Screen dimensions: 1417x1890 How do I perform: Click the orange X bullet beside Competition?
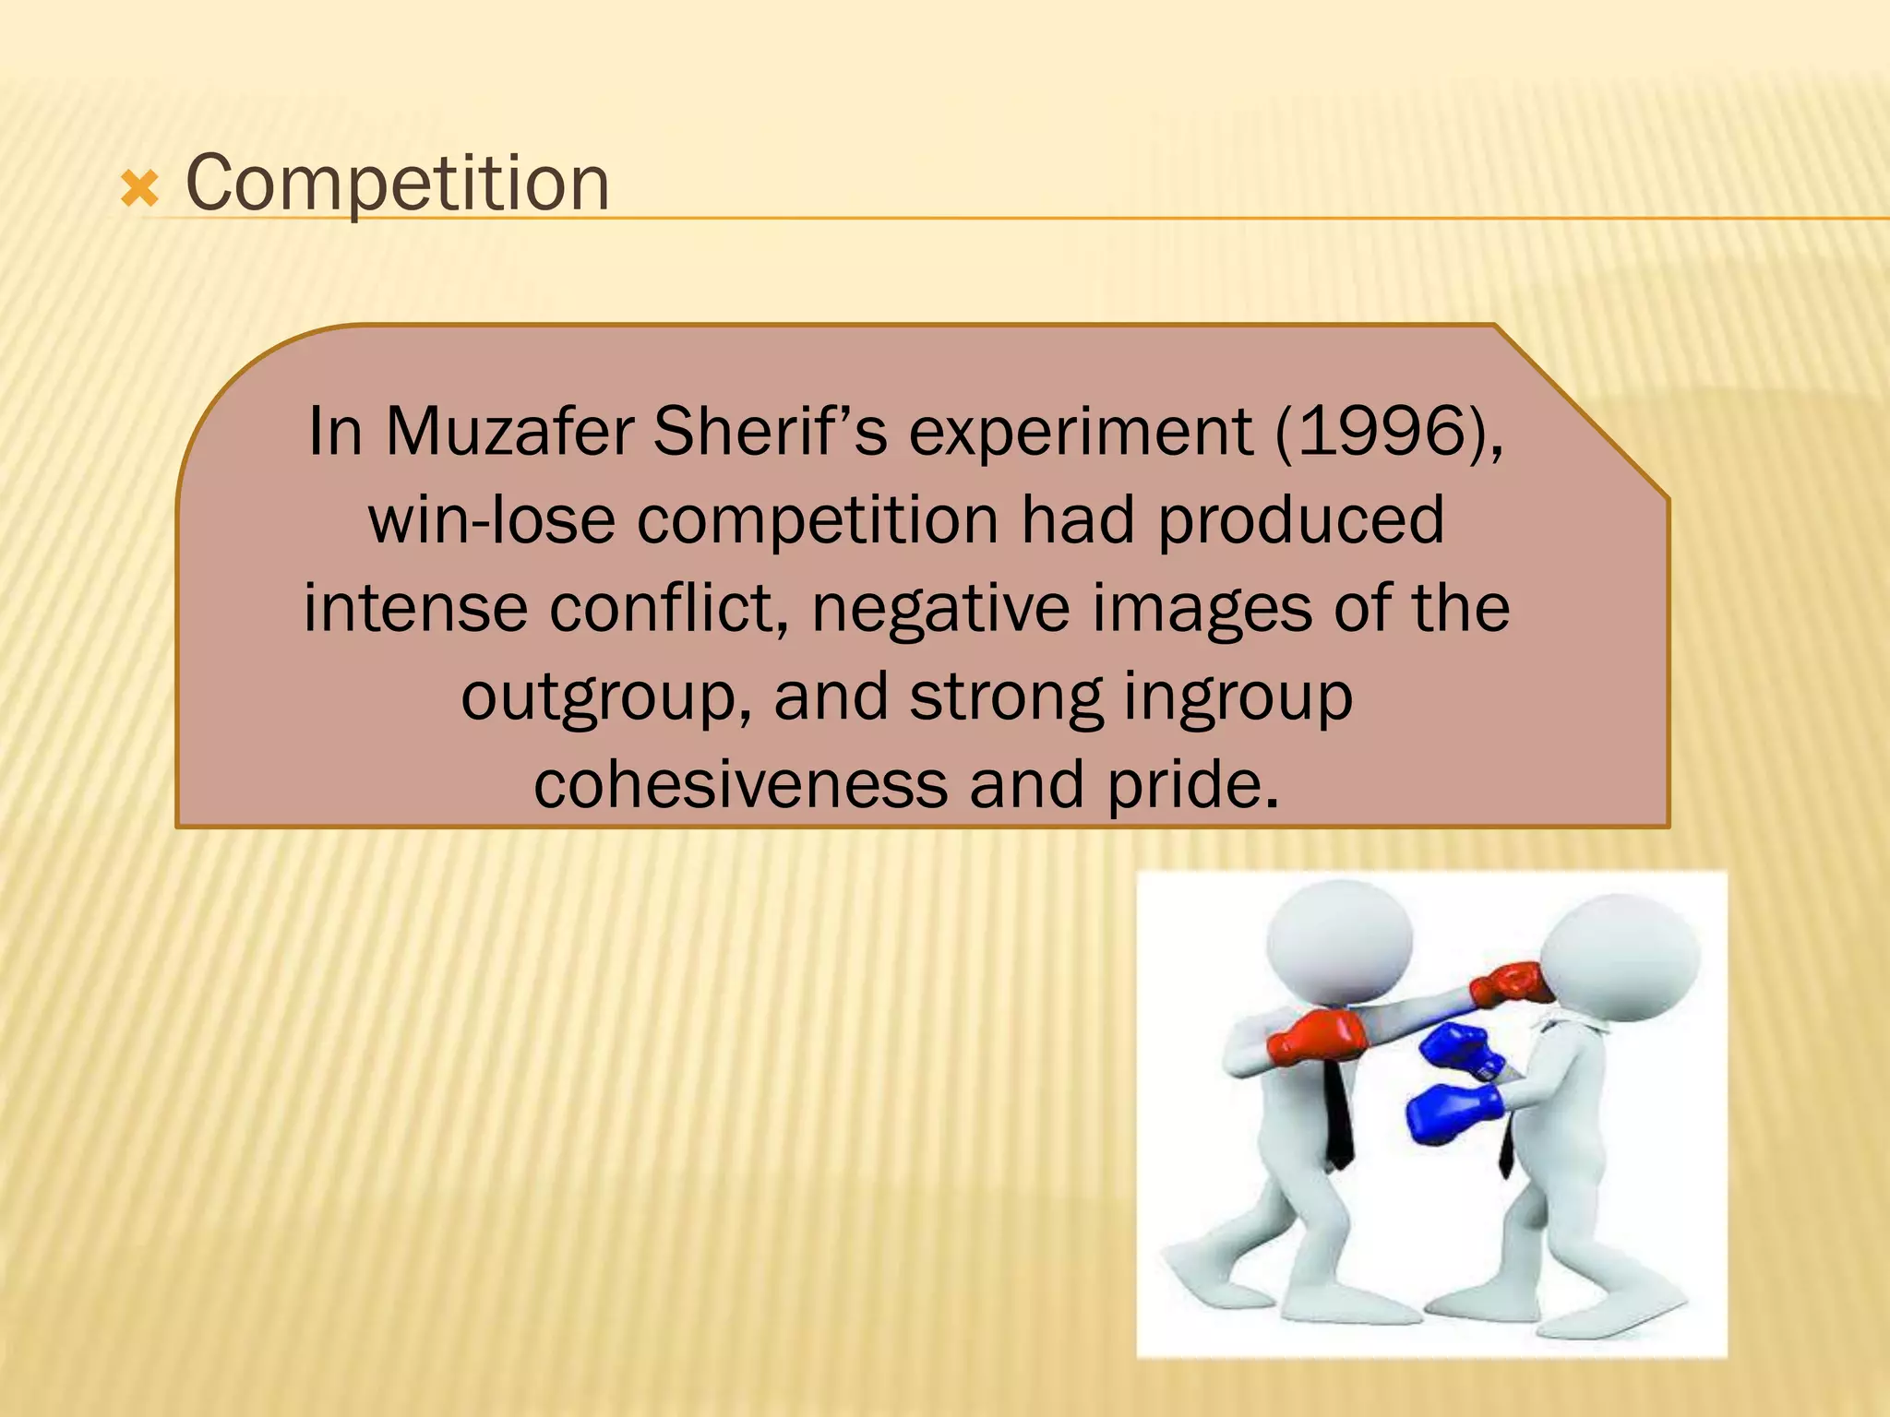[139, 190]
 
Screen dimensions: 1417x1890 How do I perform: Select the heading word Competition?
[397, 184]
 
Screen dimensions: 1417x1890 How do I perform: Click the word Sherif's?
[770, 432]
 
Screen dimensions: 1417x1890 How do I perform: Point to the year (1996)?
[1389, 432]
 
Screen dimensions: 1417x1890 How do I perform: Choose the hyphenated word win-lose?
[491, 519]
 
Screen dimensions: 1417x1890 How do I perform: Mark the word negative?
[940, 608]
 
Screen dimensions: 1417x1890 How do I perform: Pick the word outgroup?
[605, 698]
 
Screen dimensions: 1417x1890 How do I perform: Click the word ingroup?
[1238, 698]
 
